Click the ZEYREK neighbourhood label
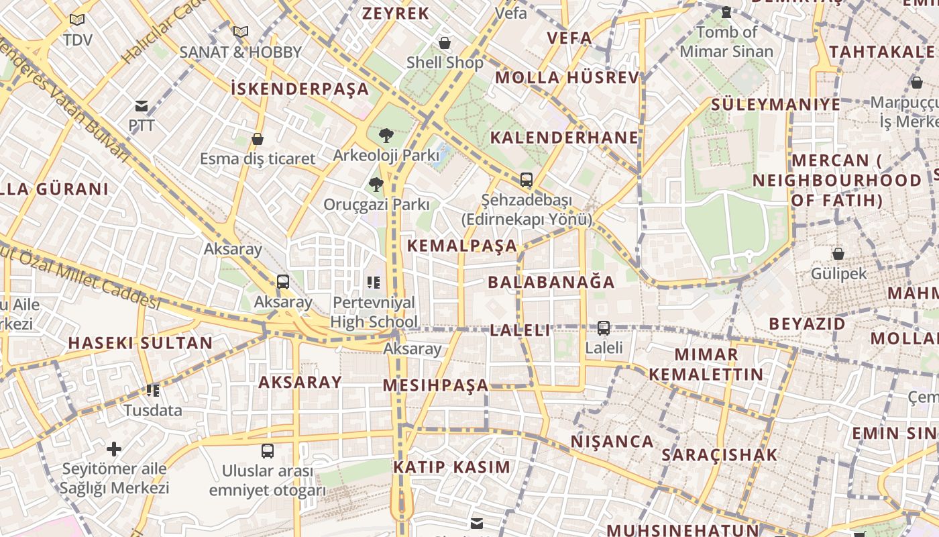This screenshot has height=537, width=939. (x=395, y=13)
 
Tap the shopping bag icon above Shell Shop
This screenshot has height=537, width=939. (x=444, y=44)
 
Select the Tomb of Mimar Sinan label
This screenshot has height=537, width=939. (x=726, y=41)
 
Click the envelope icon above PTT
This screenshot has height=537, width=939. (x=142, y=106)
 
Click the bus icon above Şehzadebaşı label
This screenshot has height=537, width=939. (x=527, y=180)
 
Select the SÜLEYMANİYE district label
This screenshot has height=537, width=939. (x=775, y=105)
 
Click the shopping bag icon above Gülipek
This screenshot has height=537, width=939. (x=838, y=254)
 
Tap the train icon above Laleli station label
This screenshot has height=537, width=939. (x=604, y=328)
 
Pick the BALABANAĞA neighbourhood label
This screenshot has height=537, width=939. (x=551, y=282)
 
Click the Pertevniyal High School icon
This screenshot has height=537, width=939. (x=374, y=283)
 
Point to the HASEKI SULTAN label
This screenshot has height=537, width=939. (x=140, y=343)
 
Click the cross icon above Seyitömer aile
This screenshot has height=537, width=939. (x=114, y=448)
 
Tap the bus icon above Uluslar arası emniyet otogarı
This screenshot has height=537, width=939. (x=268, y=450)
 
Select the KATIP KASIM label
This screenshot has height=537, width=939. (x=451, y=467)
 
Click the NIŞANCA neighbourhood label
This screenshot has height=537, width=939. (x=612, y=442)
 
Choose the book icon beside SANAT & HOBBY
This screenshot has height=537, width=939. (x=240, y=32)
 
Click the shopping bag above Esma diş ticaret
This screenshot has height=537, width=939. (x=257, y=139)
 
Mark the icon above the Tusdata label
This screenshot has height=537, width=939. (x=153, y=390)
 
